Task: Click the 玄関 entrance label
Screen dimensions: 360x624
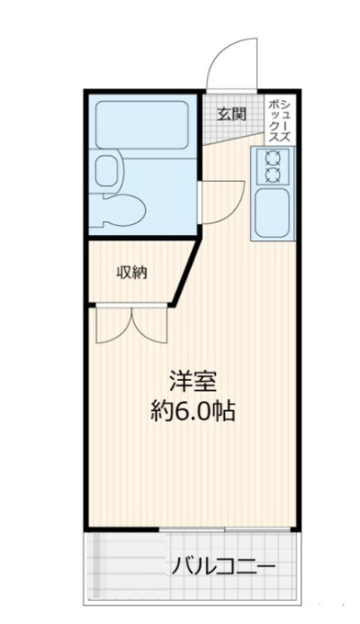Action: tap(231, 115)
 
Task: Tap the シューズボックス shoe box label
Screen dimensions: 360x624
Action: tap(279, 121)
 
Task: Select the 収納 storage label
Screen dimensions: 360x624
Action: tap(132, 273)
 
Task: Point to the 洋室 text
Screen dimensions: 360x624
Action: tap(193, 382)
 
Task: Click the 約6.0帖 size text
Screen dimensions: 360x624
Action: tap(193, 410)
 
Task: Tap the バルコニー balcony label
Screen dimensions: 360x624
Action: tap(223, 566)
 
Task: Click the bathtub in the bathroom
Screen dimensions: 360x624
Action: tap(141, 125)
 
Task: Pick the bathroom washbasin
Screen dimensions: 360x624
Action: tap(107, 170)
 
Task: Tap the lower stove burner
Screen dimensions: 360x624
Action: tap(273, 174)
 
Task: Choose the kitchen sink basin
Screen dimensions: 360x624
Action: tap(273, 213)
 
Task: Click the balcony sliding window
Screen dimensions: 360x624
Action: tap(225, 529)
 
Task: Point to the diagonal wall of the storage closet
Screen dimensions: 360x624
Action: tap(186, 272)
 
